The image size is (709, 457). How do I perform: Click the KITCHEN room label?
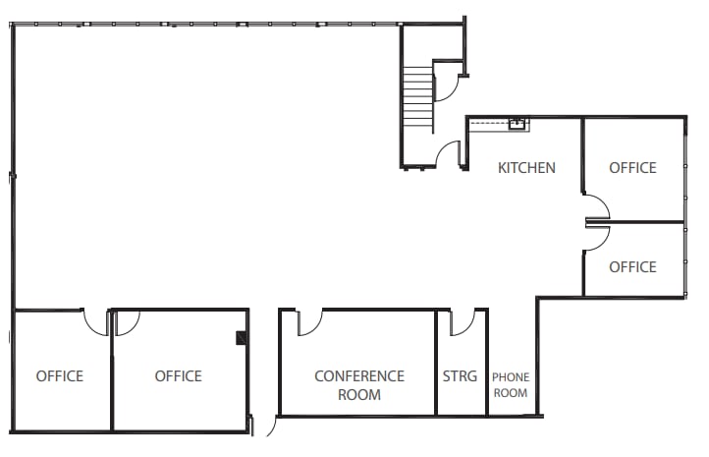click(x=526, y=168)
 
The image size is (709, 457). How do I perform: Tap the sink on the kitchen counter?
click(x=516, y=124)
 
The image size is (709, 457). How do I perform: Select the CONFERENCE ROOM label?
click(x=358, y=385)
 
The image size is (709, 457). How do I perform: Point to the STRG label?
click(x=460, y=376)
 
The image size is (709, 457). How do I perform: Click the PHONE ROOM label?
click(x=510, y=385)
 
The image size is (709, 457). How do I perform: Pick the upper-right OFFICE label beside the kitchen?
click(x=632, y=168)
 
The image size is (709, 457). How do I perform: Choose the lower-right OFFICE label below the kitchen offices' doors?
click(x=632, y=267)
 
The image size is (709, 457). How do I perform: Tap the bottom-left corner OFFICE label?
click(x=60, y=376)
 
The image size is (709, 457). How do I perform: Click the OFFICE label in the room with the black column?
click(x=178, y=376)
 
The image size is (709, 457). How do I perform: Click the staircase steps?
click(x=418, y=98)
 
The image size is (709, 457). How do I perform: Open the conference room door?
click(x=309, y=321)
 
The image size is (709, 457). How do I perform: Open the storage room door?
click(x=463, y=321)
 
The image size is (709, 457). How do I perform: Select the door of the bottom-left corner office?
click(x=96, y=321)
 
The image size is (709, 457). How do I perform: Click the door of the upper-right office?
click(x=597, y=205)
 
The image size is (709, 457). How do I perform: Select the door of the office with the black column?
click(x=127, y=321)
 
